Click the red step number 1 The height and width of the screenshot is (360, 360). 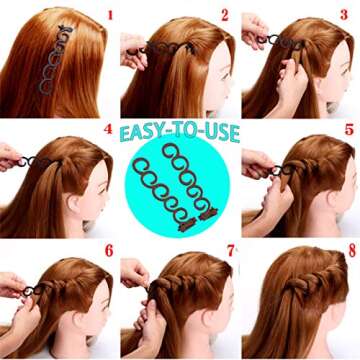(x=110, y=15)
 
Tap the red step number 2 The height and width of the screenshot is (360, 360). (x=225, y=15)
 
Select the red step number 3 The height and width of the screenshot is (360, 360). (x=344, y=14)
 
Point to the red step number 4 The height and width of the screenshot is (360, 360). (x=108, y=129)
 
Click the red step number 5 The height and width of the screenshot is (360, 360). (x=349, y=129)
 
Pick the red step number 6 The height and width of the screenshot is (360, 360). (x=109, y=251)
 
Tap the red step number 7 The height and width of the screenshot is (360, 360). (x=231, y=251)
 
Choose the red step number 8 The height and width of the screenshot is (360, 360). (x=352, y=251)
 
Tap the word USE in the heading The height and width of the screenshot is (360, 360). (x=225, y=132)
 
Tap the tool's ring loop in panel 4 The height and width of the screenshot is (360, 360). (x=22, y=162)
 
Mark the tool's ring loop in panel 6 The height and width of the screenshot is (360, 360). (x=27, y=291)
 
